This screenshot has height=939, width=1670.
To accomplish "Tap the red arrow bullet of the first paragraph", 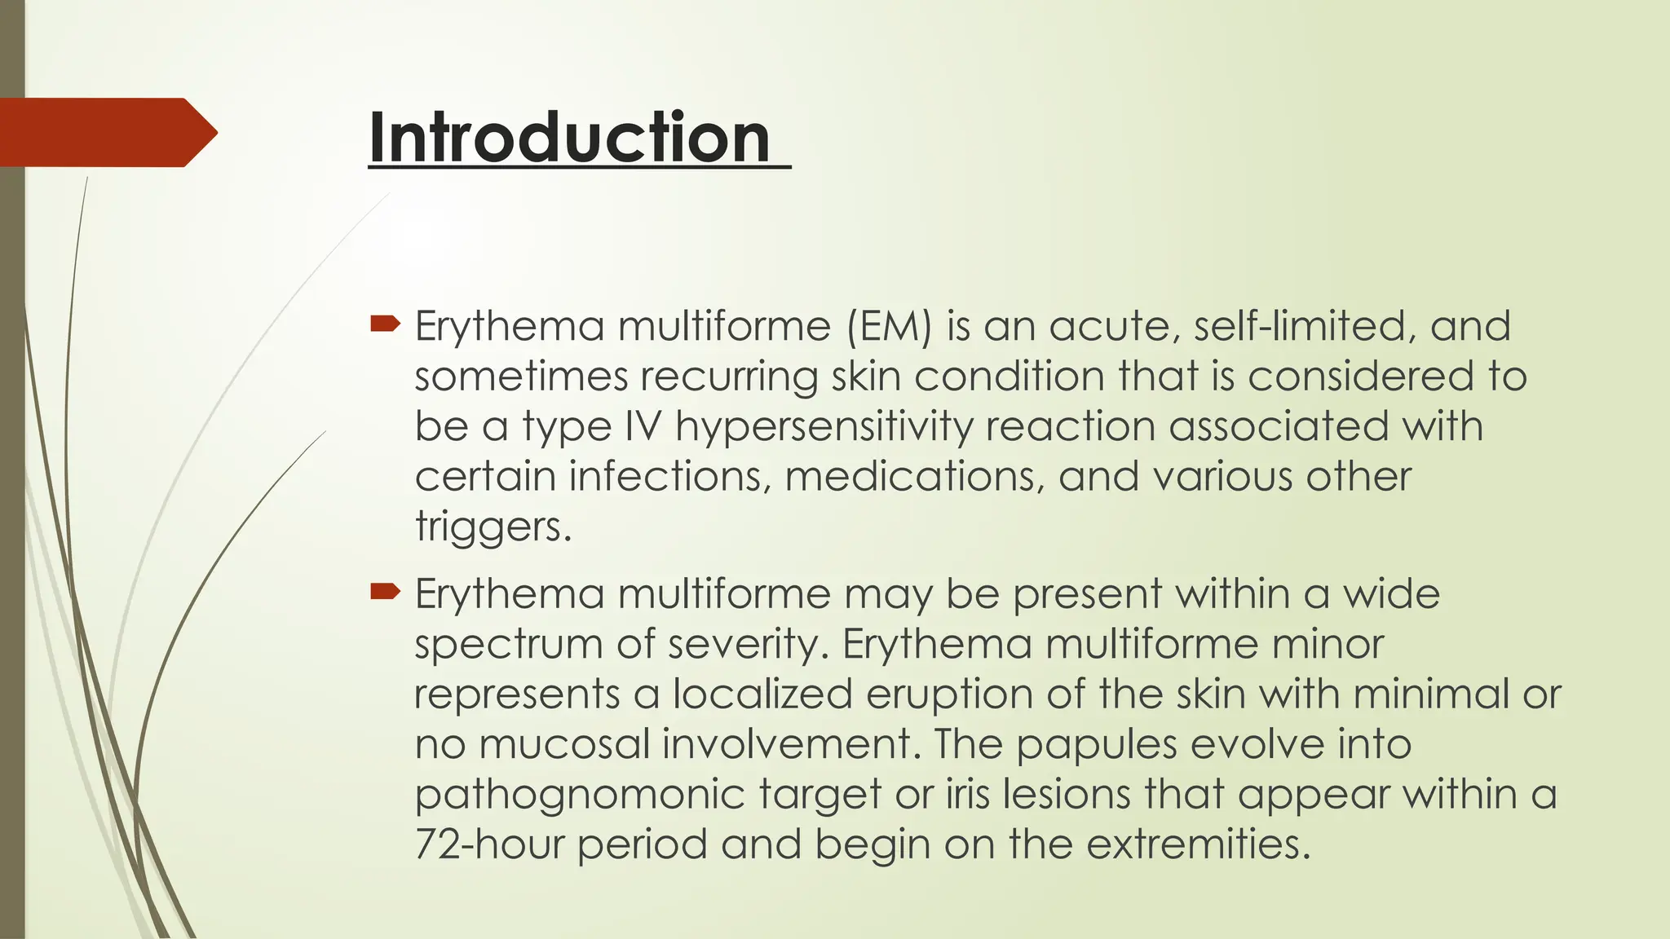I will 385,324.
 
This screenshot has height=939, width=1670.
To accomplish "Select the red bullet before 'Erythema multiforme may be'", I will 385,592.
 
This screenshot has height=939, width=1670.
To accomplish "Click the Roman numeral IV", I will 643,426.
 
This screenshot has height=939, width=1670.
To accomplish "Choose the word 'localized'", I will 762,694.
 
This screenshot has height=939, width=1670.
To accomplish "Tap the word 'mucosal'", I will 563,744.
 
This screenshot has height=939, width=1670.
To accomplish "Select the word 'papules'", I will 1097,745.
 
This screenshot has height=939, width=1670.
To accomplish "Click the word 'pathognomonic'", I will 579,796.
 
